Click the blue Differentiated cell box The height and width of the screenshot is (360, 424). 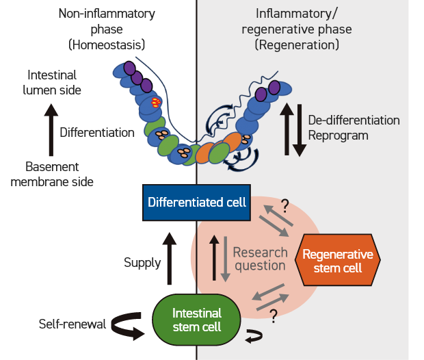click(x=197, y=203)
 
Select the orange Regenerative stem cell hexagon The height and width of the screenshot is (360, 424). click(x=337, y=261)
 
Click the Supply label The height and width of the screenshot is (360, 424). click(x=142, y=263)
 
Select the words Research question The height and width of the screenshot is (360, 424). click(x=259, y=259)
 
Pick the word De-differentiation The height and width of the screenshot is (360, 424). click(x=354, y=120)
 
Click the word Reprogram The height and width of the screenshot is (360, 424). click(x=338, y=136)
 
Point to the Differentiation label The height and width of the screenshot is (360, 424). click(x=96, y=132)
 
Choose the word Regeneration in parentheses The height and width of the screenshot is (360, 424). click(x=297, y=44)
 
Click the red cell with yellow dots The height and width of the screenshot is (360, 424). click(x=157, y=103)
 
